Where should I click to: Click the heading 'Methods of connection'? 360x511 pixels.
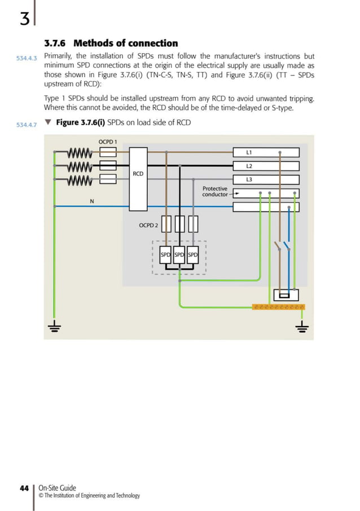point(125,43)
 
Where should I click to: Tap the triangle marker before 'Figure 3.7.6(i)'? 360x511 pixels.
point(47,122)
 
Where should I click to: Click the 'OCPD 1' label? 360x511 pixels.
point(107,141)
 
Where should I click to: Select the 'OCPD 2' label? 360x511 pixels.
point(148,225)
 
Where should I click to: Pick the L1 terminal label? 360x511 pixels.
point(249,152)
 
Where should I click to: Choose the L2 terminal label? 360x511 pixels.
point(249,166)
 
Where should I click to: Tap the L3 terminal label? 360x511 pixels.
point(249,179)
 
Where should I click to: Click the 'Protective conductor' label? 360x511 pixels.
point(215,192)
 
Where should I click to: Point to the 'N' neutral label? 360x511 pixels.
point(91,201)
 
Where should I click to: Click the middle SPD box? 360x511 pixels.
point(179,255)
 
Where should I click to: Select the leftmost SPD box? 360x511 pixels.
point(166,255)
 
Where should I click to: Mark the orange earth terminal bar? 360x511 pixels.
point(279,307)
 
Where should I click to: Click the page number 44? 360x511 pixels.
point(24,488)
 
